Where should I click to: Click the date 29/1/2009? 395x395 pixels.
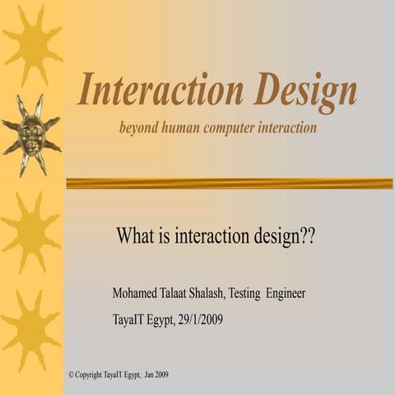[x=201, y=320]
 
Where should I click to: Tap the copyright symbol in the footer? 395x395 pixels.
[x=72, y=374]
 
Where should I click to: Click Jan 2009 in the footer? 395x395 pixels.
[x=156, y=374]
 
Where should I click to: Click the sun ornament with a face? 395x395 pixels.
[x=31, y=134]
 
